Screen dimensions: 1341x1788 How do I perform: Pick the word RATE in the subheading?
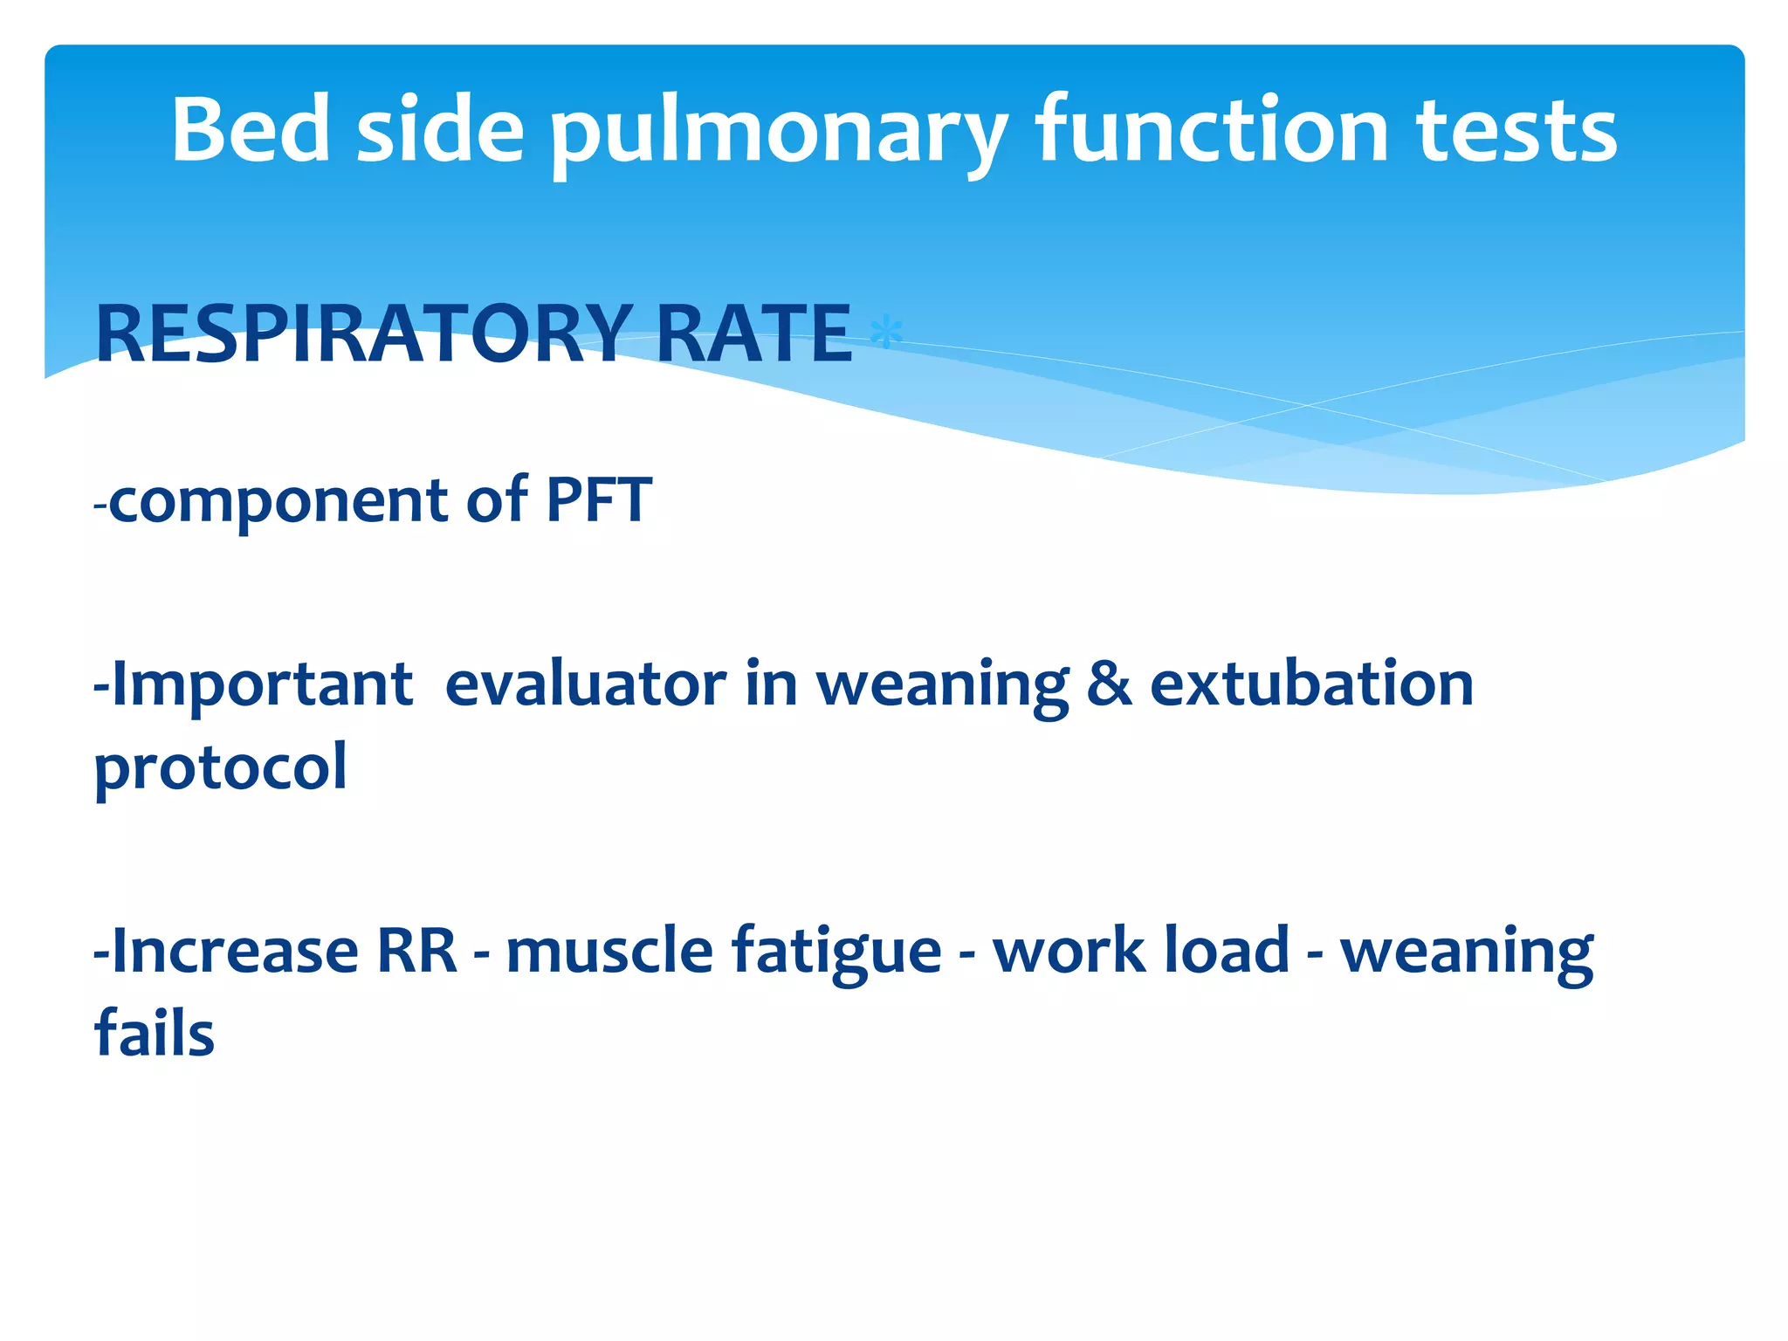click(753, 334)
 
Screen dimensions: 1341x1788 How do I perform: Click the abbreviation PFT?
click(599, 500)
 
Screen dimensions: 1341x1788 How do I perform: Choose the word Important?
click(261, 685)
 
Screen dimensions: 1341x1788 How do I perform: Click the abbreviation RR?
click(416, 951)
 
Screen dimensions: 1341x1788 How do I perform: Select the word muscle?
click(609, 951)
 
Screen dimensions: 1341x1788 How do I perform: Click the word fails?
click(154, 1034)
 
